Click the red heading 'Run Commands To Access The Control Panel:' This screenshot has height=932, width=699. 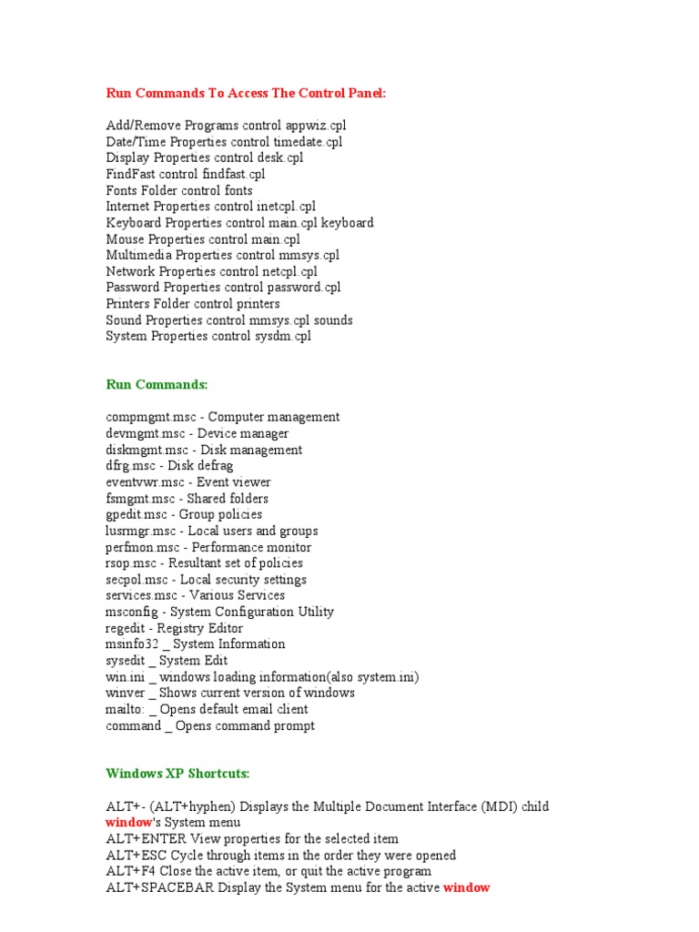click(x=246, y=93)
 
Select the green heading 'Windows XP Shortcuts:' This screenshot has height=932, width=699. click(x=177, y=774)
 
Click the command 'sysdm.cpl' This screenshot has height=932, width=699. click(x=281, y=336)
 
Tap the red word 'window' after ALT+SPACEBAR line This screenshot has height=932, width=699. click(x=466, y=887)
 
